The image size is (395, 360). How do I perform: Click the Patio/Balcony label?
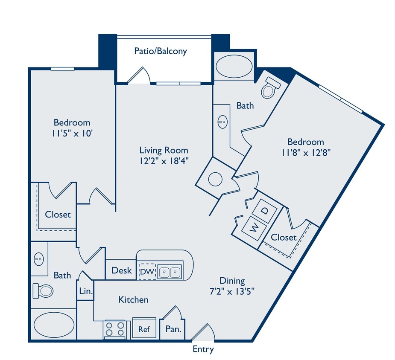(161, 51)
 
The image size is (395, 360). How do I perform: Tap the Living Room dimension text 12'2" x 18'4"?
(164, 161)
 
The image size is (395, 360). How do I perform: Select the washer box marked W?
(254, 226)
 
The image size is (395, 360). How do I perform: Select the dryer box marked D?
(265, 211)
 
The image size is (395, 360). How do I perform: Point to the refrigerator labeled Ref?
(144, 329)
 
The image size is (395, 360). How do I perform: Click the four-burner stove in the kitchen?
(114, 329)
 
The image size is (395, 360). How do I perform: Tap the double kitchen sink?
(170, 271)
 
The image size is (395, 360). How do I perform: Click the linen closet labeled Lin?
(84, 291)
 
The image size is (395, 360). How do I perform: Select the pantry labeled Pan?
(173, 329)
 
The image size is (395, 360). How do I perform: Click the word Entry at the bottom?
(203, 350)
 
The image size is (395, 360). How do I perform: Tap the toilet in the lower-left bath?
(43, 290)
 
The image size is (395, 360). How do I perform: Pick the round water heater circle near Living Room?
(215, 179)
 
